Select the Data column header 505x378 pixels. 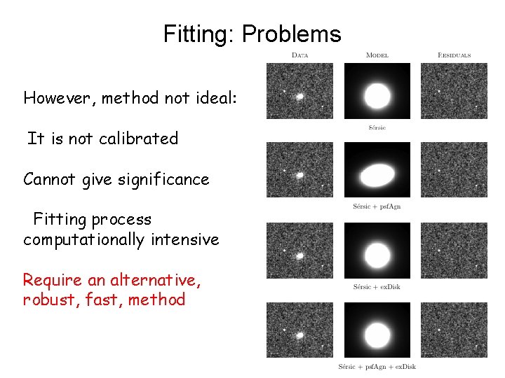tap(300, 55)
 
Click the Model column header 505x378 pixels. tap(377, 55)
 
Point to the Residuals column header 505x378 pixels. tap(454, 55)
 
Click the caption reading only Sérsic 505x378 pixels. tap(377, 127)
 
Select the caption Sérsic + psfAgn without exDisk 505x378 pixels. tap(377, 206)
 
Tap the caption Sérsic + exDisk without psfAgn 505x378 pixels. tap(377, 287)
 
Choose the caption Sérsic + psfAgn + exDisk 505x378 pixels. tap(377, 367)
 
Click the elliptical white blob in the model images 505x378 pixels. tap(377, 173)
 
